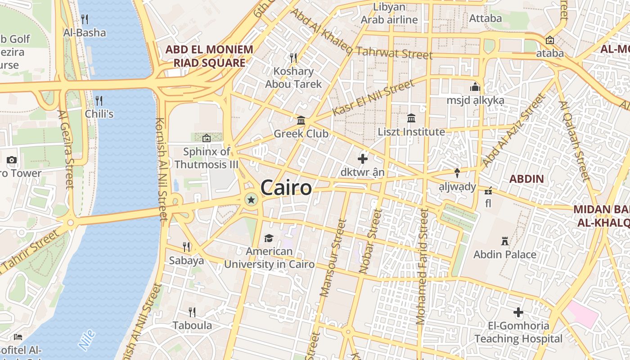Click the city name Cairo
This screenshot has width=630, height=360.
(286, 188)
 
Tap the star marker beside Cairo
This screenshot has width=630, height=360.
(251, 200)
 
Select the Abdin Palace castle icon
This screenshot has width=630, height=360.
(505, 242)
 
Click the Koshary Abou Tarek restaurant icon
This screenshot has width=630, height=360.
(293, 58)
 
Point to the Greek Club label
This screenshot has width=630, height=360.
(301, 134)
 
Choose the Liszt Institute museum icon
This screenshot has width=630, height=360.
(411, 118)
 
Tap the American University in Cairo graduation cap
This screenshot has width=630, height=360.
(269, 238)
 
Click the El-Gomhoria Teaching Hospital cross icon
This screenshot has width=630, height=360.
(518, 312)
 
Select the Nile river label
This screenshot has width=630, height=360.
(87, 340)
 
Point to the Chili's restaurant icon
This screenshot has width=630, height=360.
(99, 100)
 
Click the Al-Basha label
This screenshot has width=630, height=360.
(85, 32)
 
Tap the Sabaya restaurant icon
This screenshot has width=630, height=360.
(186, 247)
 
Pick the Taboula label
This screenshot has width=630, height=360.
(192, 325)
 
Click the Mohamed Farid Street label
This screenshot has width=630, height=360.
(422, 265)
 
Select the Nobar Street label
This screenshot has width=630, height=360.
(371, 241)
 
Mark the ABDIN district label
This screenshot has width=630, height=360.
(526, 179)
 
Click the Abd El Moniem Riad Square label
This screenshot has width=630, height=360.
(210, 56)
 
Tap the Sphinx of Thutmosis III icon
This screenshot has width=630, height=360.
(207, 138)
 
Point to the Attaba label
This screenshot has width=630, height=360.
(485, 18)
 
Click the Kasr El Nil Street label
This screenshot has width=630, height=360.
(373, 98)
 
